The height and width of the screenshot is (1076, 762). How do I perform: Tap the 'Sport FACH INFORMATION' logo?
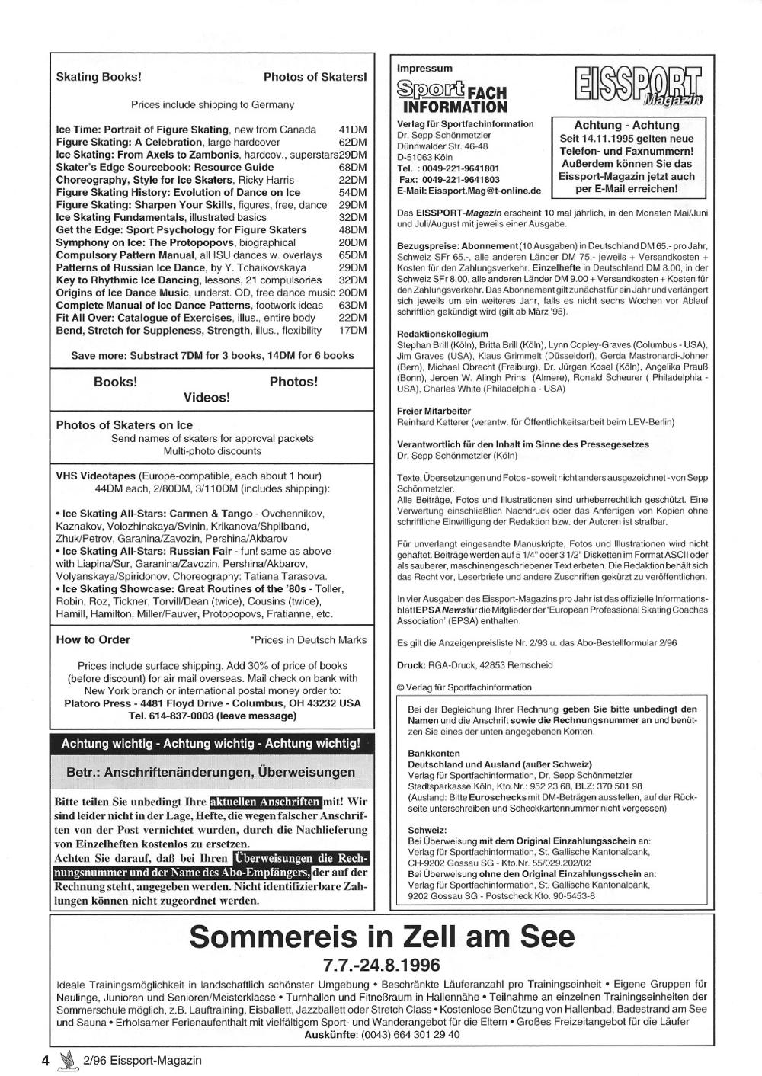(x=451, y=97)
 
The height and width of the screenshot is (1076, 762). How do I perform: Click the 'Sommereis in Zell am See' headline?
(x=382, y=937)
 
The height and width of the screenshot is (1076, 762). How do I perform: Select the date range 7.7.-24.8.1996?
(x=381, y=966)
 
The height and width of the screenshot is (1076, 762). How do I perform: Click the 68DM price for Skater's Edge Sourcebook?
(x=353, y=168)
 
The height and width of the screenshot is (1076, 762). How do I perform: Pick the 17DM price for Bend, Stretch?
(x=353, y=331)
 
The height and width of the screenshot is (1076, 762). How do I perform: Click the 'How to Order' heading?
(x=93, y=640)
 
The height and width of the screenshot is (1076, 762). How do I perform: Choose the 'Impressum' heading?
(x=424, y=69)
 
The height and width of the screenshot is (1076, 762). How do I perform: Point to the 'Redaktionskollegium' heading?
(x=442, y=334)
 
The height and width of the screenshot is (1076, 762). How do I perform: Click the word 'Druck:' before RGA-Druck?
(x=411, y=665)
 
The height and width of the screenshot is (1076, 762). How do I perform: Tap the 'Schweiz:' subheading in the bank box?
(x=427, y=830)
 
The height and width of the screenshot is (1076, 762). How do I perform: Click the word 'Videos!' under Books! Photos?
(x=207, y=398)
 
